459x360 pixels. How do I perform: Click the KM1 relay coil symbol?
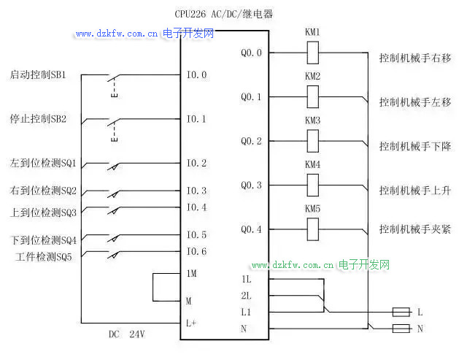[x=312, y=53]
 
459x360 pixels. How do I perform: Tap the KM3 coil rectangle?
[x=312, y=140]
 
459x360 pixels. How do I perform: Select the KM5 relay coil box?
[x=312, y=229]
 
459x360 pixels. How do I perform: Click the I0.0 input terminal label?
[x=196, y=74]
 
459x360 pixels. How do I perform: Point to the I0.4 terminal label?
[x=196, y=207]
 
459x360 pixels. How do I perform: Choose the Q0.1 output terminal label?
[x=251, y=97]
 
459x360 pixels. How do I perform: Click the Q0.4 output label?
[x=251, y=229]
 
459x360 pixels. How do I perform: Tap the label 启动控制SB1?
[x=39, y=74]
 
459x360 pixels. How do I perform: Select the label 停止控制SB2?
[x=39, y=118]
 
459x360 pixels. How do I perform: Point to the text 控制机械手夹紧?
[x=414, y=229]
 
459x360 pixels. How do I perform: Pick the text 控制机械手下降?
[x=414, y=146]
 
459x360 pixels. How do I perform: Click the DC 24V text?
[x=127, y=334]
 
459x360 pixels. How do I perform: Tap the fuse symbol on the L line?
[x=401, y=312]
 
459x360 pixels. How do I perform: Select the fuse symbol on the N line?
[x=401, y=329]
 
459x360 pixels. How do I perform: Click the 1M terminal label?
[x=191, y=273]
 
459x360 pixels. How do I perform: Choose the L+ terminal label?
[x=191, y=322]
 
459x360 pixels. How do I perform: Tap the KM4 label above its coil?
[x=312, y=164]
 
